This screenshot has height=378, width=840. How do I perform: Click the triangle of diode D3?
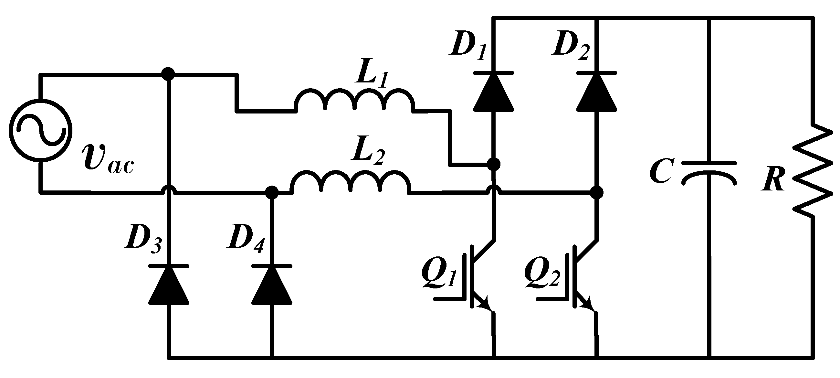(169, 286)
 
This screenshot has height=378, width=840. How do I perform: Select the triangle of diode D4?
(272, 286)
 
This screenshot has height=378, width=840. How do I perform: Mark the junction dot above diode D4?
(272, 192)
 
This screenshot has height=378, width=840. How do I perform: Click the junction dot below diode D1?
(493, 164)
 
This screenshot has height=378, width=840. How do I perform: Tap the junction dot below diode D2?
(597, 192)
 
